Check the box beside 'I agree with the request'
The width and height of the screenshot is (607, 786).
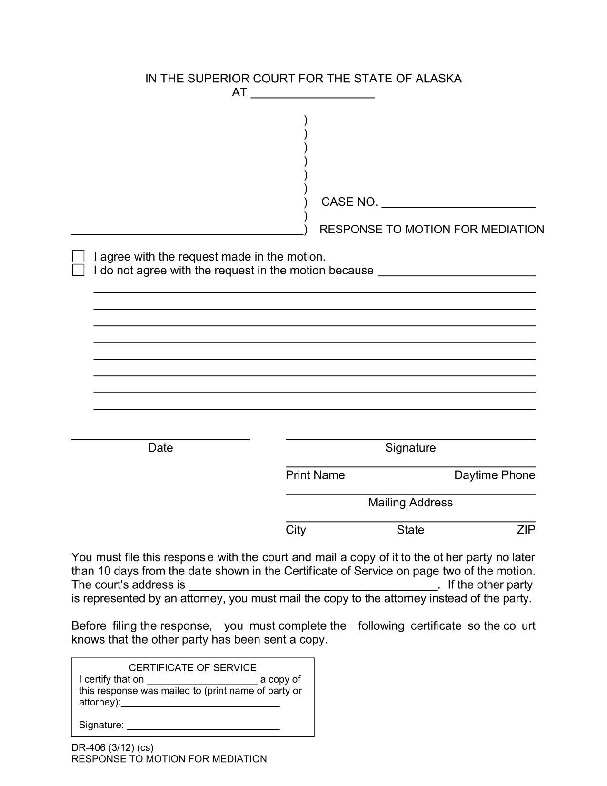tap(78, 257)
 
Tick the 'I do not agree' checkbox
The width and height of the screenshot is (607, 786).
tap(78, 271)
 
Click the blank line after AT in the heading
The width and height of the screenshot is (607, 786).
tap(312, 94)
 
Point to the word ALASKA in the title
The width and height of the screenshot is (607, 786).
tap(438, 79)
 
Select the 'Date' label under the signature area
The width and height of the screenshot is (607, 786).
tap(160, 448)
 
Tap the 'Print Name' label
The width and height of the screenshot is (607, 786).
tap(315, 475)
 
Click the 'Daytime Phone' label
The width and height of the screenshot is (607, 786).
tap(495, 475)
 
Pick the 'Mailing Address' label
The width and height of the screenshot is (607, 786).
tap(410, 503)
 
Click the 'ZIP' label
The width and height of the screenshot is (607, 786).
tap(526, 530)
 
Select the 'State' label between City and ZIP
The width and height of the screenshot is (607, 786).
tap(410, 530)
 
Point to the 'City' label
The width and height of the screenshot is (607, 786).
tap(296, 530)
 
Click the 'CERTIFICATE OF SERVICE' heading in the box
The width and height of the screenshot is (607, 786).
tap(193, 668)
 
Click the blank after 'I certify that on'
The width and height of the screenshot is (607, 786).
tap(202, 680)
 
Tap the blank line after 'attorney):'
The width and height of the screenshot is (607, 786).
tap(200, 704)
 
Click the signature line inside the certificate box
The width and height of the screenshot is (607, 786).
tap(203, 726)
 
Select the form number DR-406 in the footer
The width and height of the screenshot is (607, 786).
tap(88, 747)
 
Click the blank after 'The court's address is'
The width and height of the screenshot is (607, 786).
tap(313, 586)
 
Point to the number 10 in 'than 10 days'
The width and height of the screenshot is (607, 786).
tap(104, 571)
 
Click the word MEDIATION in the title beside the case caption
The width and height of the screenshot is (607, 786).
tap(512, 230)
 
